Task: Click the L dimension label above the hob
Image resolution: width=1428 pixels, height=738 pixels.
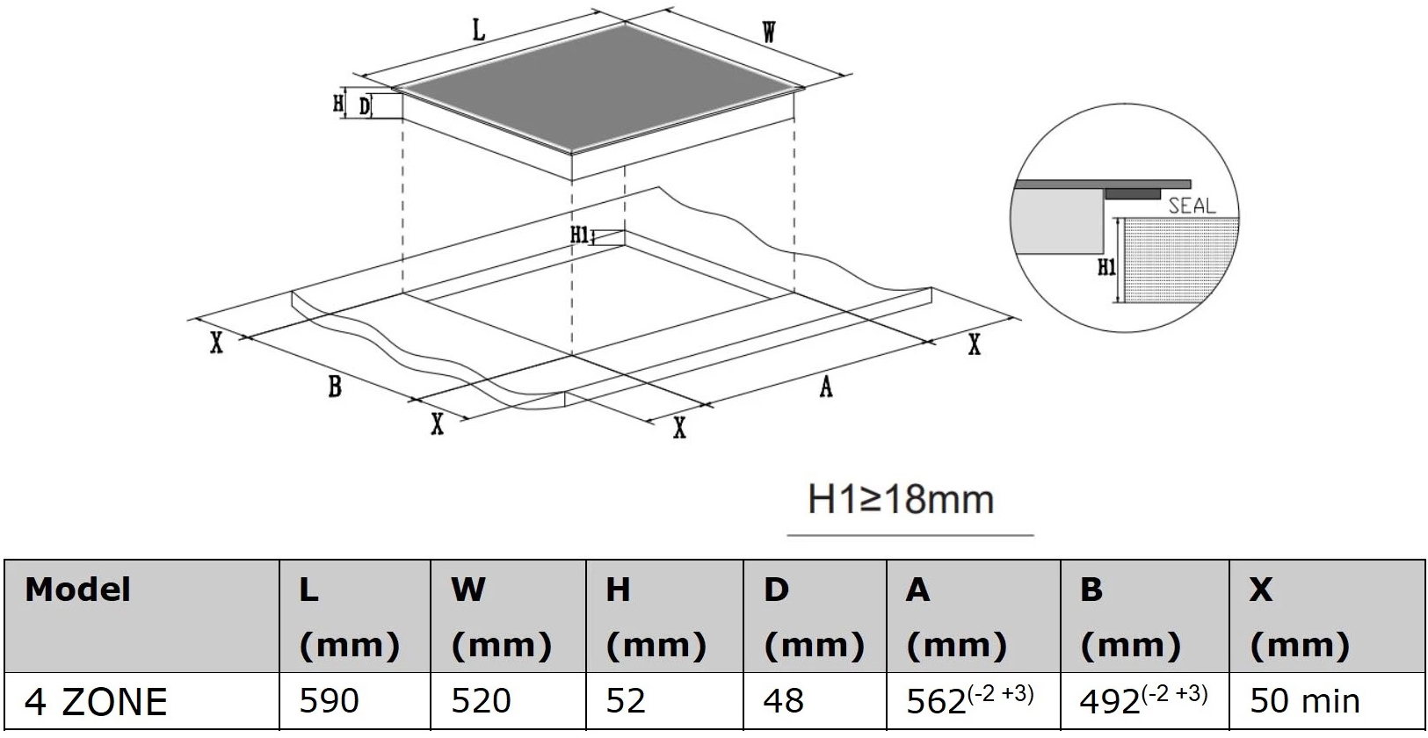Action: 478,32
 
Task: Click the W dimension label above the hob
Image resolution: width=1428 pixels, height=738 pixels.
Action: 769,33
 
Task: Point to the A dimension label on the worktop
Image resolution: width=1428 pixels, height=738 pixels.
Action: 825,387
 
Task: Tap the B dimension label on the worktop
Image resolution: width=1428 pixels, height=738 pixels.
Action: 334,387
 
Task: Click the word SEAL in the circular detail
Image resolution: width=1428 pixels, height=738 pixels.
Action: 1192,206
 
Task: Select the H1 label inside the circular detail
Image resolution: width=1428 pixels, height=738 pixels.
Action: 1105,267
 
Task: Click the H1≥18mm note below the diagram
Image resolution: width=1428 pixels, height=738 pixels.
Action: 901,499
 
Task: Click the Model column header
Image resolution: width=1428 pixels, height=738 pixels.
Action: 78,590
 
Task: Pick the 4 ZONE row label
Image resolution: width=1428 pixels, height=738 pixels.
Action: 96,701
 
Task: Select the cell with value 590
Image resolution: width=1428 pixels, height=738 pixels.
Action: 329,701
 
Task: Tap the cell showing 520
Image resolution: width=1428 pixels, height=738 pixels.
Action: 480,701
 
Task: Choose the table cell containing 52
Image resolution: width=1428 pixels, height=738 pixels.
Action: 626,701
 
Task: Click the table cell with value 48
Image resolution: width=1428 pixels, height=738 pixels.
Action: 784,701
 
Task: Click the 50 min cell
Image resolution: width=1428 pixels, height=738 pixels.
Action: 1304,701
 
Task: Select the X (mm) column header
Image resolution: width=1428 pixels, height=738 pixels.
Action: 1298,617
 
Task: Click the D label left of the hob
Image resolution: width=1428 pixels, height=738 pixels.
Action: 364,107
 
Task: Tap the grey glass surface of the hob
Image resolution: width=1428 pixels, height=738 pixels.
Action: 598,88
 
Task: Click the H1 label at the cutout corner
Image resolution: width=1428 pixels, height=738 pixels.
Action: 579,235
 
